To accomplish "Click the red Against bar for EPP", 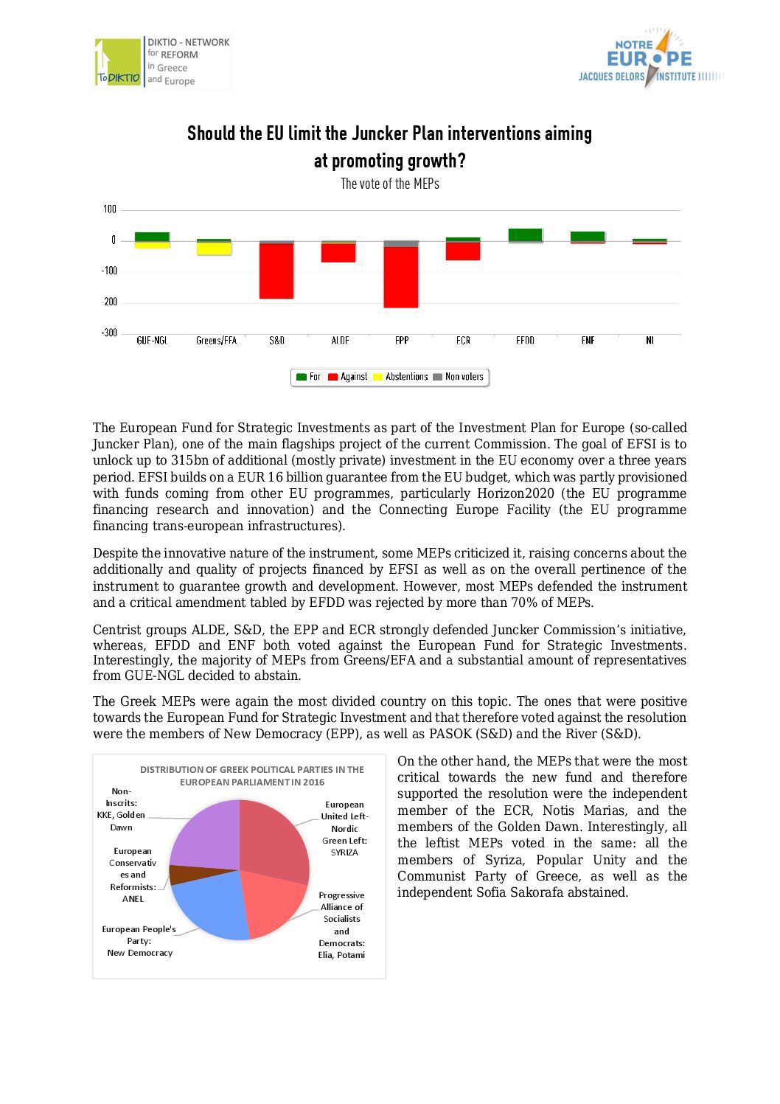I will click(401, 277).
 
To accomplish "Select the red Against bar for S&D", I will click(276, 271).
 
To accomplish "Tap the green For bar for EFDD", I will click(525, 235).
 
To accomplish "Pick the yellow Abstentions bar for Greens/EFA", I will click(214, 249).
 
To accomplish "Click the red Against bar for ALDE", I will click(338, 252).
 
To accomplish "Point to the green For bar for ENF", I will click(588, 236).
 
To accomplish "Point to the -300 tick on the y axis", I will click(109, 333).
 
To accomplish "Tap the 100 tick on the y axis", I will click(110, 209).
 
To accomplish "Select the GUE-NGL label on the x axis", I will click(152, 341).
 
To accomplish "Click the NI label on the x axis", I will click(650, 341).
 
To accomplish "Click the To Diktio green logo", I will click(118, 62).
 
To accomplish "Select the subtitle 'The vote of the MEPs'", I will click(390, 184).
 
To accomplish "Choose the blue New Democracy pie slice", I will click(210, 907).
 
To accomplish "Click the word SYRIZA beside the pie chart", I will click(344, 853).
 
